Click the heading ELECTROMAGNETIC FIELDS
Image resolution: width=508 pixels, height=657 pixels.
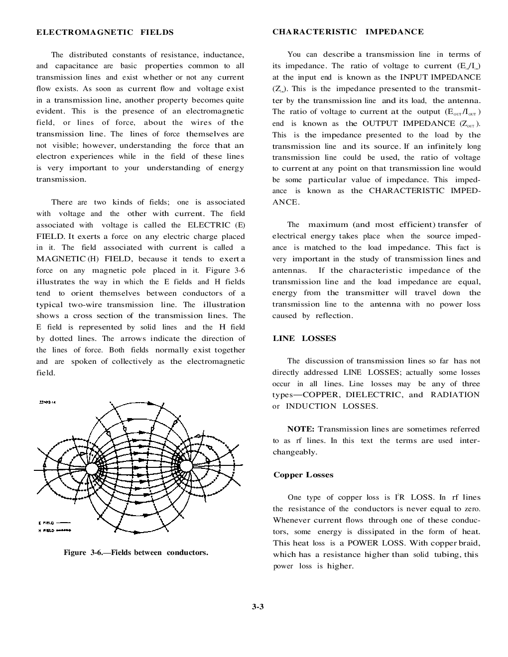[x=105, y=32]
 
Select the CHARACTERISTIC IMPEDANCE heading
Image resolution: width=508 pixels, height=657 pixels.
[x=348, y=32]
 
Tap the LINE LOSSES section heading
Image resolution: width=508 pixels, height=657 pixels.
[x=304, y=338]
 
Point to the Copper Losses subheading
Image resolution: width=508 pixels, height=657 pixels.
[x=303, y=475]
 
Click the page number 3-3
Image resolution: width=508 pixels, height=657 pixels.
[x=257, y=606]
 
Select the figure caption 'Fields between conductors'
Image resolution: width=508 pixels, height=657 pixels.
[x=135, y=552]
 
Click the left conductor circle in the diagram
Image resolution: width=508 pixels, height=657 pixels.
[x=92, y=469]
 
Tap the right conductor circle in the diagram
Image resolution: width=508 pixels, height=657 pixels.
[x=185, y=466]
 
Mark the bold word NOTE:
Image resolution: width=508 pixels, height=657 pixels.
[x=301, y=429]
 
